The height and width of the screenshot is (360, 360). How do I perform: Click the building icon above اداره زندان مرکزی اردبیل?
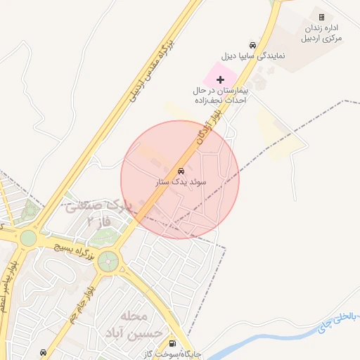(321, 17)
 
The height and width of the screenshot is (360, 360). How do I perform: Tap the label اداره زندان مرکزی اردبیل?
(323, 32)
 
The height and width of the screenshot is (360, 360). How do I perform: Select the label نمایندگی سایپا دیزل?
(252, 55)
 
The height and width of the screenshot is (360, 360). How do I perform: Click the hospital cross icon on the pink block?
(220, 79)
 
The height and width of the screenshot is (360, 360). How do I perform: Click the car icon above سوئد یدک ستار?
(181, 171)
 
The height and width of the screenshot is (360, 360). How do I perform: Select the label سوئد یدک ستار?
(181, 181)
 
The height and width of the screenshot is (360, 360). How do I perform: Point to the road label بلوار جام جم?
(79, 302)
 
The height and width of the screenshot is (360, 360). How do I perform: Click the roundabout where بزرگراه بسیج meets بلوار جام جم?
(108, 262)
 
